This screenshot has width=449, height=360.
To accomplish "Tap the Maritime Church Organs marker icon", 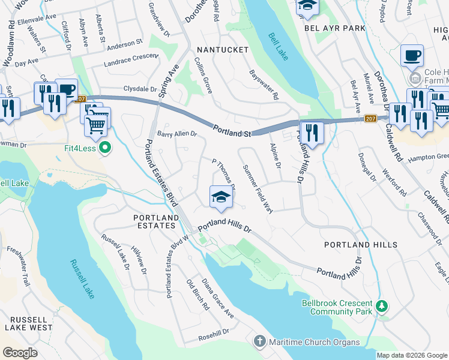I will click(259, 342).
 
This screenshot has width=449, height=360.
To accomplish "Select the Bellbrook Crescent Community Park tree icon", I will click(381, 307).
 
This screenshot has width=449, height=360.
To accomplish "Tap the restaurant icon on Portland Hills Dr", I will click(311, 131).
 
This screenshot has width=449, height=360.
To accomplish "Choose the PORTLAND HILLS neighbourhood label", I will click(360, 245).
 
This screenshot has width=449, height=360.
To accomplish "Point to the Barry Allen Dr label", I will click(177, 134).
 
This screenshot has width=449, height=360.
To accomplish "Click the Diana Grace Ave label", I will click(217, 298).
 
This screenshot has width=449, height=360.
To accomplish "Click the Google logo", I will click(20, 353).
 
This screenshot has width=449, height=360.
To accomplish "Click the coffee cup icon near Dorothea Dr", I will click(412, 55).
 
